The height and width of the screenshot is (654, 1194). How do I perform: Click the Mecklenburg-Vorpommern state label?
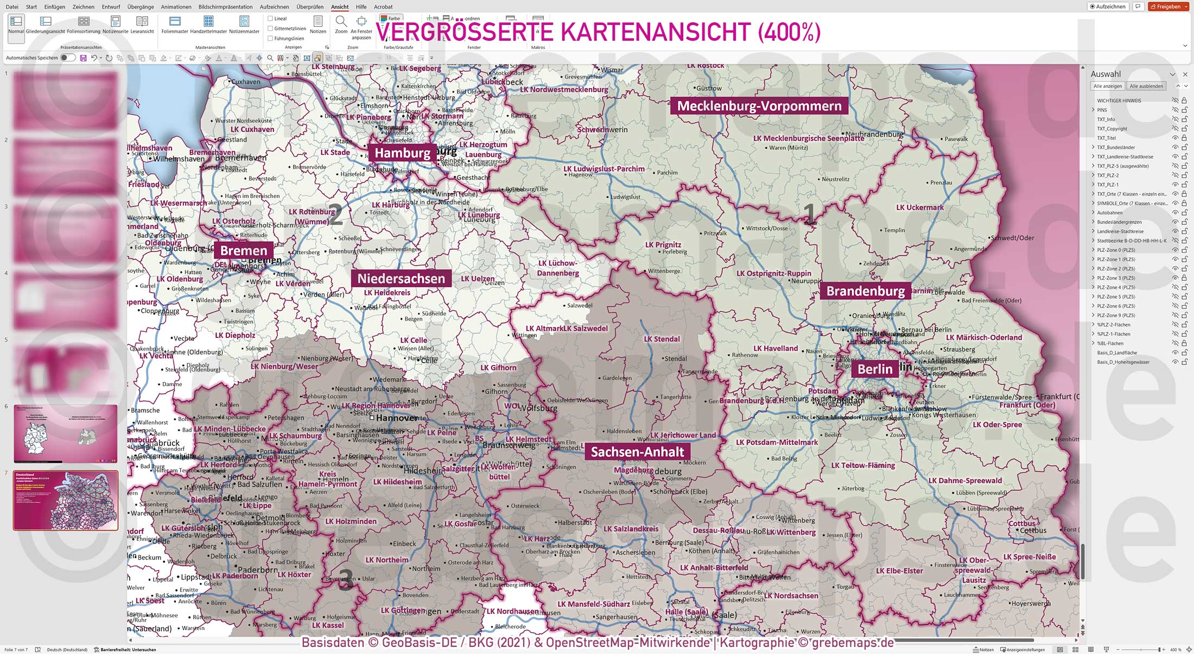click(x=759, y=106)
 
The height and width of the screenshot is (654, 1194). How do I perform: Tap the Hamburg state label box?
click(x=402, y=153)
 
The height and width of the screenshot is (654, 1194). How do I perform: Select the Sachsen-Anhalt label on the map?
click(x=637, y=452)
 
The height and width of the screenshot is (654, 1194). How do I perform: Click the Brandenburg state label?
click(x=865, y=291)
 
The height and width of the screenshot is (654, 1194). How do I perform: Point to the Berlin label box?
click(x=875, y=369)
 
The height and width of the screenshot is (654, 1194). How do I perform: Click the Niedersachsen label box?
click(x=401, y=279)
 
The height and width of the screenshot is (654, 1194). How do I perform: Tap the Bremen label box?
click(x=244, y=251)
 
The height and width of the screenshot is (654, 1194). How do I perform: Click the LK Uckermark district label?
click(x=919, y=207)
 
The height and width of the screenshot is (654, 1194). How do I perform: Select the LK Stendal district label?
click(x=662, y=339)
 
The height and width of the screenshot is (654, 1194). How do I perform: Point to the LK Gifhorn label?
click(x=498, y=368)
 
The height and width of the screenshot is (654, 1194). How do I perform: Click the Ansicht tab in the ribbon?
click(x=340, y=7)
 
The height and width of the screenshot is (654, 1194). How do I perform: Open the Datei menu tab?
click(x=11, y=7)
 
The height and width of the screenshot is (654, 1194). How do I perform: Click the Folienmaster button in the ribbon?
click(x=175, y=24)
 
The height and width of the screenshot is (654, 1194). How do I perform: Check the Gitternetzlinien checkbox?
click(x=270, y=28)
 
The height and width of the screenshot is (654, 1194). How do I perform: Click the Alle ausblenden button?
click(x=1146, y=86)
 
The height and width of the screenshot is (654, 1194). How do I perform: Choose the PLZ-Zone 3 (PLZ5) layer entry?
click(x=1115, y=278)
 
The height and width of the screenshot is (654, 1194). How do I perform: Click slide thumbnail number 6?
click(x=65, y=433)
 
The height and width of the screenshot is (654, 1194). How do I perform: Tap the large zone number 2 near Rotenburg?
click(x=336, y=215)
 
